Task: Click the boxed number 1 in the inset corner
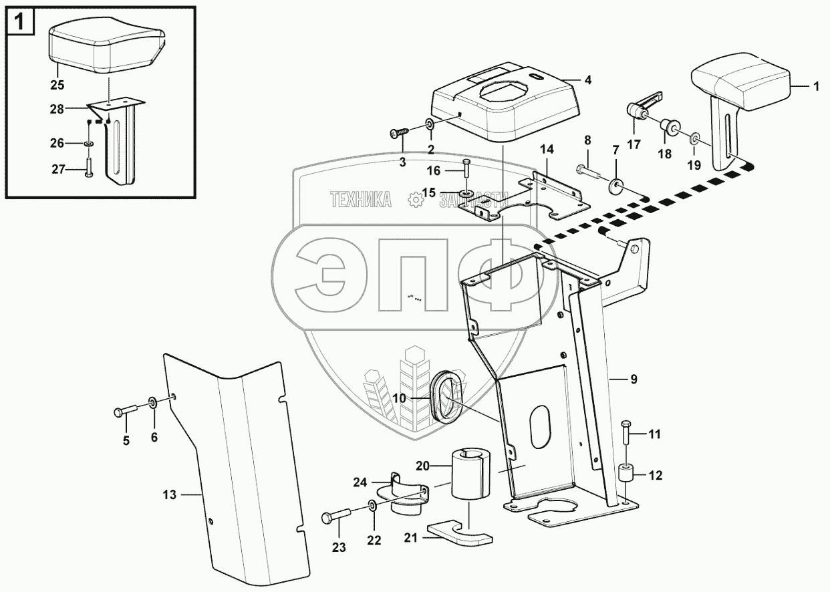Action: (x=21, y=23)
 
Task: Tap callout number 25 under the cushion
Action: (x=58, y=86)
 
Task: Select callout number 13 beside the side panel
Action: (x=169, y=495)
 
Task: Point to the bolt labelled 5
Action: (x=125, y=410)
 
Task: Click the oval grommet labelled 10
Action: (x=442, y=399)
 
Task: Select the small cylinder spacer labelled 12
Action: (x=625, y=476)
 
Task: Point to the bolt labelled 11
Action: (x=625, y=434)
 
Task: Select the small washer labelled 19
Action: (x=694, y=139)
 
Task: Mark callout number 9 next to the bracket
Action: (x=634, y=380)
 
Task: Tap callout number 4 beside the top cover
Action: (x=587, y=80)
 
